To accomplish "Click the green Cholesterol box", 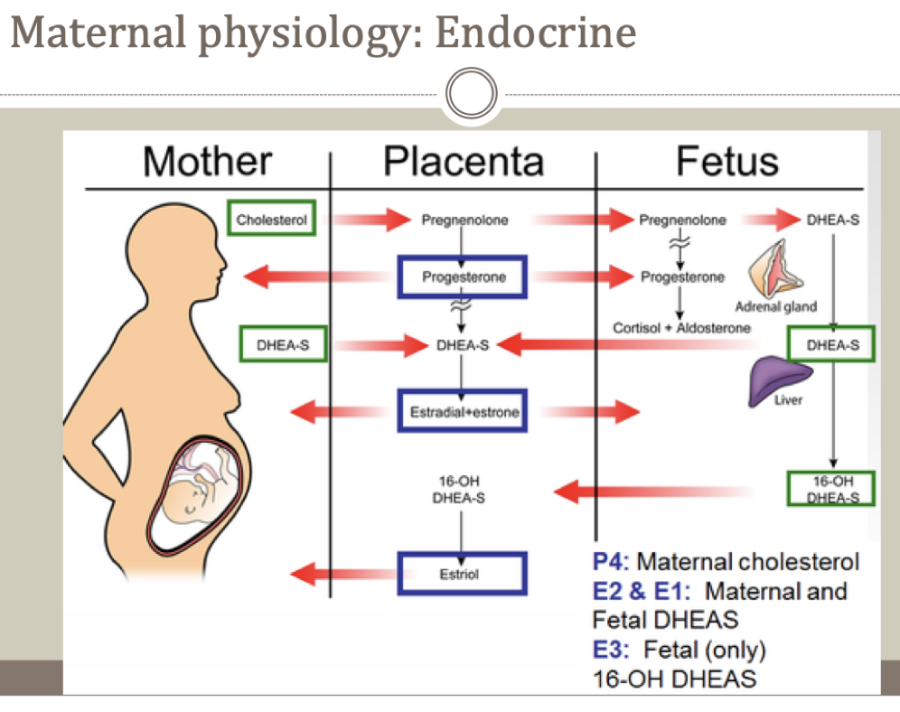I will [271, 219].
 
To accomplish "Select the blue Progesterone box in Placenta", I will [461, 277].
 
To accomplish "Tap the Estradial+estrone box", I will [462, 412].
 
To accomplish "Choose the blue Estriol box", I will [462, 574].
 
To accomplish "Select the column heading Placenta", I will [464, 162].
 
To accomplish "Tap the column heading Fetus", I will [727, 162].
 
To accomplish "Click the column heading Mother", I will [207, 162].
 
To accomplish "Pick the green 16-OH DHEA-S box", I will [831, 489].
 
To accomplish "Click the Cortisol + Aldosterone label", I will [681, 328].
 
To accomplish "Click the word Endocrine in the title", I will [535, 33].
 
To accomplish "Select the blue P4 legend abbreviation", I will [611, 561].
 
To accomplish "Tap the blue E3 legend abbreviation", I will [611, 649].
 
